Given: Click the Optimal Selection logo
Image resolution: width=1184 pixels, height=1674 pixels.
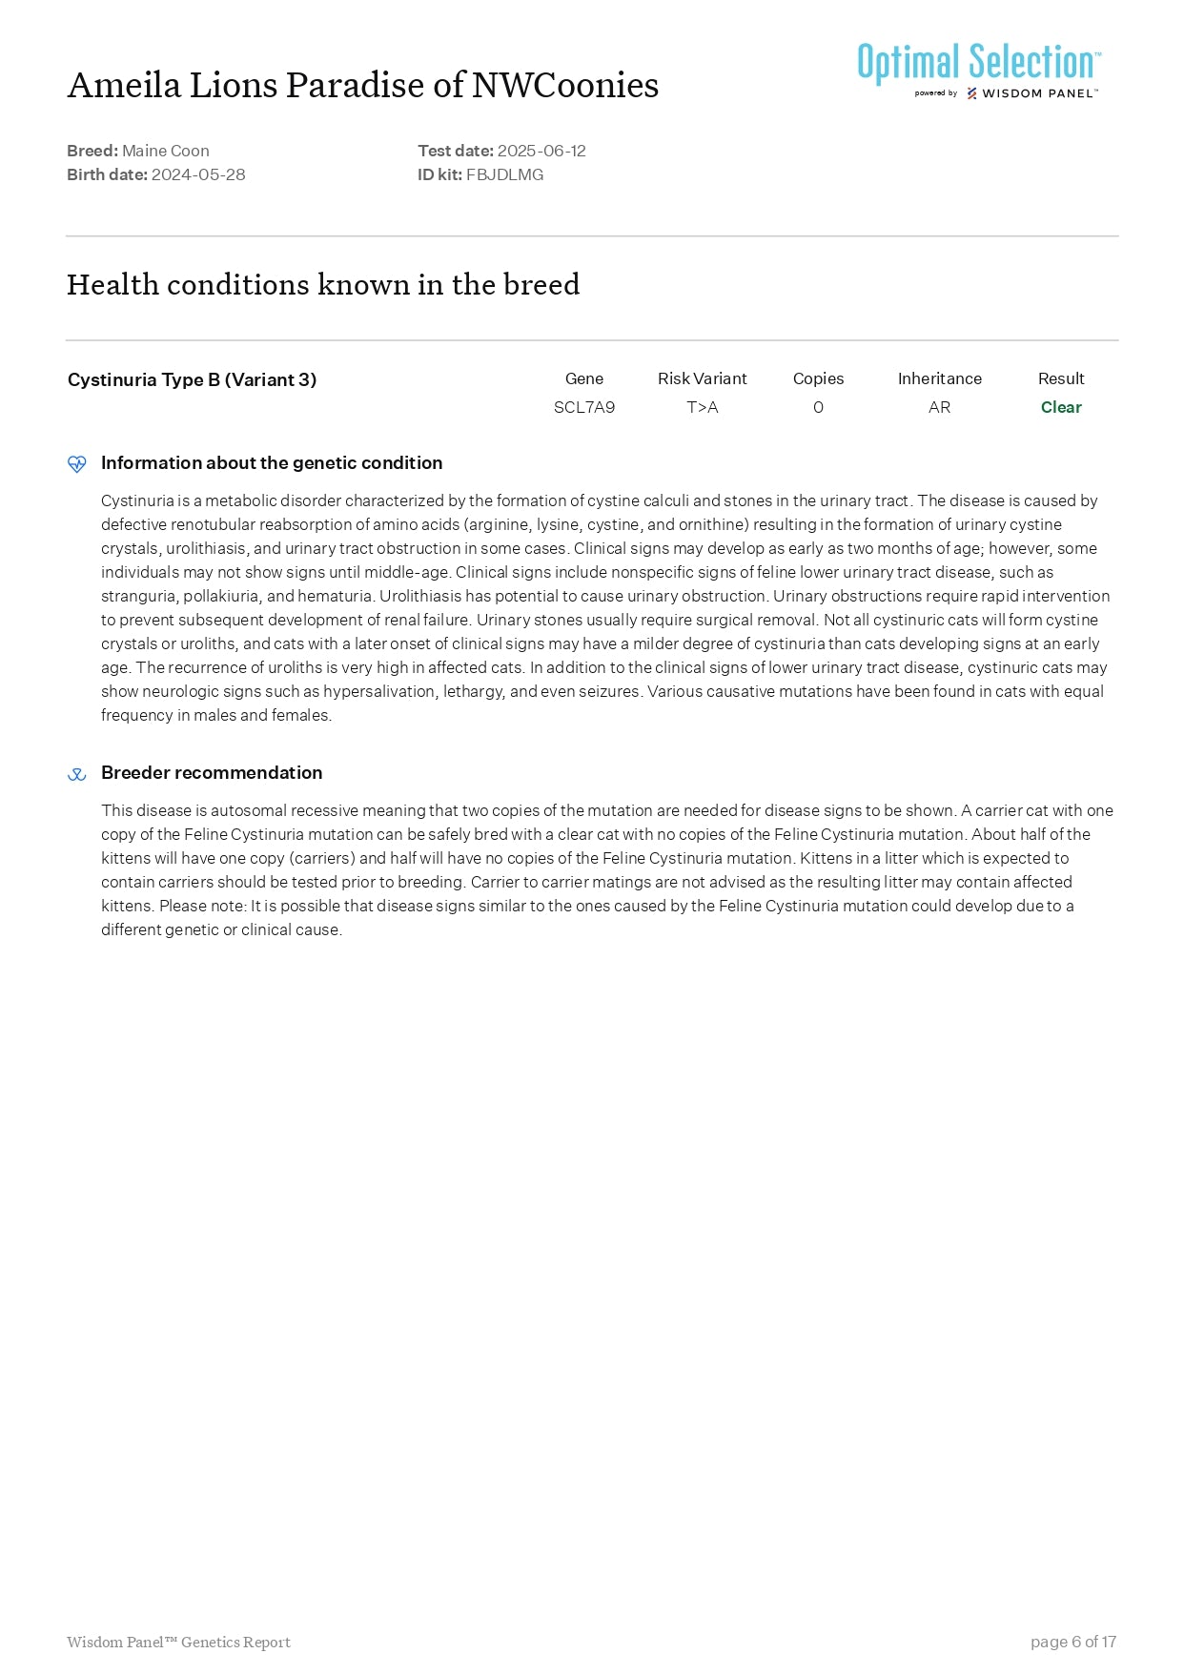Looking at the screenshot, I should tap(979, 70).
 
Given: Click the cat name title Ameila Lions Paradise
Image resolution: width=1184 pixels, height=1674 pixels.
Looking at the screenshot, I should tap(362, 86).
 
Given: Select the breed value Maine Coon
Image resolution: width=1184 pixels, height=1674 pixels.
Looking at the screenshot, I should tap(166, 151).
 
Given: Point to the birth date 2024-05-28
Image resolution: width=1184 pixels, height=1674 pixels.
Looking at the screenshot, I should tap(198, 174).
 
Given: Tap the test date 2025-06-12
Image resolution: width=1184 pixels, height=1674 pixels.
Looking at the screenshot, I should tap(541, 151).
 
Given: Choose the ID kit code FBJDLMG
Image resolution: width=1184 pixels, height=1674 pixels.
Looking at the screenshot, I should tap(504, 174).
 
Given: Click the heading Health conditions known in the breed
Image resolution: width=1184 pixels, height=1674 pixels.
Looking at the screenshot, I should tap(323, 284).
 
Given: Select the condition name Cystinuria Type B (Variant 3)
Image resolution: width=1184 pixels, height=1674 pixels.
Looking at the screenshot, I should tap(192, 379).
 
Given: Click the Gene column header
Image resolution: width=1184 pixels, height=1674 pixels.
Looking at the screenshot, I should tap(584, 378).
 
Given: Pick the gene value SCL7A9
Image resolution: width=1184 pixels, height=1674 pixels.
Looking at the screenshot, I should tap(584, 407).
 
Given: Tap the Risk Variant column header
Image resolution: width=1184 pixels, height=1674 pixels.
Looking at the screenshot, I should tap(703, 378).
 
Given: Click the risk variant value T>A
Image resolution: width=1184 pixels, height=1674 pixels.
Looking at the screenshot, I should tap(703, 407).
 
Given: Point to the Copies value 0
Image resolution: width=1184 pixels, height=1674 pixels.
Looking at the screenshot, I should tap(818, 407).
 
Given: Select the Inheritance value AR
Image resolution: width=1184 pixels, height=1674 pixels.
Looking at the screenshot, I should tap(939, 407).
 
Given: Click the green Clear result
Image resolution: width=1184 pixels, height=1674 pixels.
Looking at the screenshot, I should tap(1061, 407).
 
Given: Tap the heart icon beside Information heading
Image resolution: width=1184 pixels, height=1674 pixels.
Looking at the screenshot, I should tap(77, 464).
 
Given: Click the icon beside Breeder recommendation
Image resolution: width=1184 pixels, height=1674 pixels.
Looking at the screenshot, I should tap(77, 774).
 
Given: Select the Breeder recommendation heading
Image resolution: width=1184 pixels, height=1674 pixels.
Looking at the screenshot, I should tap(212, 772).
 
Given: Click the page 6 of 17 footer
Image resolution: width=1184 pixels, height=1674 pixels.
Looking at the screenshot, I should tap(1072, 1642).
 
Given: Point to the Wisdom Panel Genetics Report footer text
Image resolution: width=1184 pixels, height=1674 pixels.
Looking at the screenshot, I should tap(178, 1642).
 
